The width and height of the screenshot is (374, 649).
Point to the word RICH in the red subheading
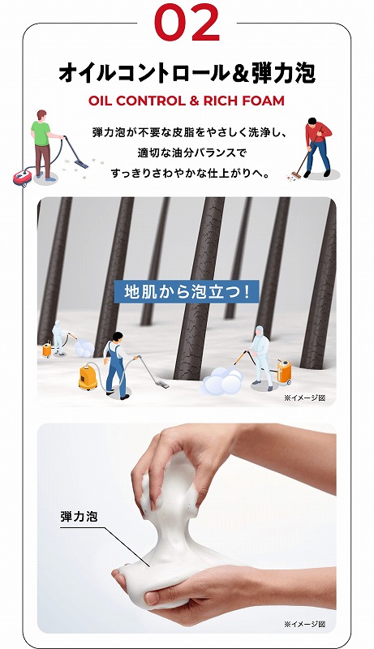[221, 101]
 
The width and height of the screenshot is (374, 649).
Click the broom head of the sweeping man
[296, 174]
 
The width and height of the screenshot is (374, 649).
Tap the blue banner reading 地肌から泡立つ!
[187, 291]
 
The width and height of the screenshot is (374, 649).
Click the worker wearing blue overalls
[115, 364]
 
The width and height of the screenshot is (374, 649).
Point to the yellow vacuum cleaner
[88, 376]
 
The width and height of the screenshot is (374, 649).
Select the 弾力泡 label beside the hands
[79, 515]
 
